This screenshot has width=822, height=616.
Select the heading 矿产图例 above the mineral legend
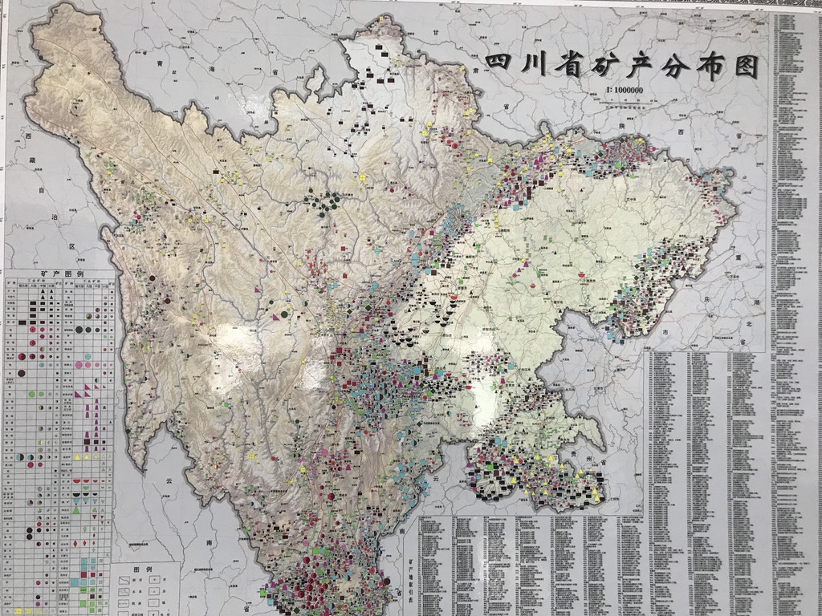click(61, 274)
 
